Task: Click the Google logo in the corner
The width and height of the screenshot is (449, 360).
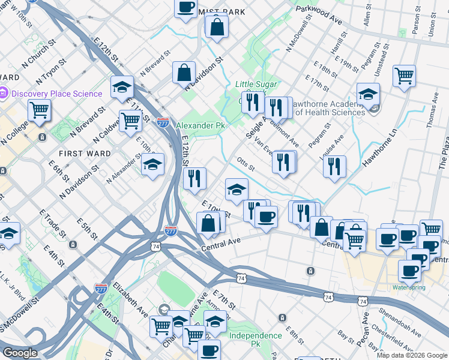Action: point(20,353)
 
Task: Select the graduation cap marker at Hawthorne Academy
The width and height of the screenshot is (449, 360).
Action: point(368,93)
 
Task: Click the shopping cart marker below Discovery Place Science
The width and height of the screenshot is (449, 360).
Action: point(39,110)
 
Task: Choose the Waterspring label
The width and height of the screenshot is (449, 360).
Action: point(409,287)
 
